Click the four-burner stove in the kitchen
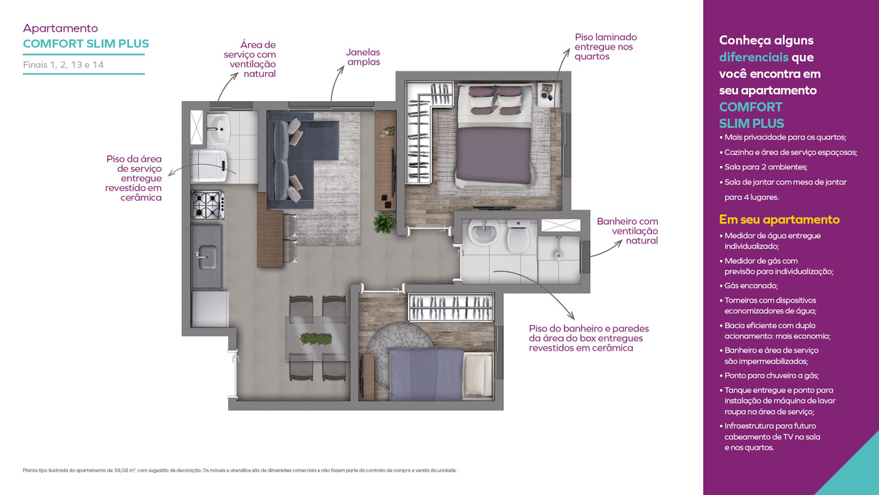(x=208, y=205)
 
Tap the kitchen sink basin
(x=207, y=257)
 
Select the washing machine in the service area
(x=209, y=166)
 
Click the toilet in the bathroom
(x=518, y=236)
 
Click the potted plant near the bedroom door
(x=384, y=223)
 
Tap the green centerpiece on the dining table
(x=315, y=338)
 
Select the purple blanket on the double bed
(x=494, y=155)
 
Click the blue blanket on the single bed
(x=426, y=374)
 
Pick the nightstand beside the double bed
(x=548, y=95)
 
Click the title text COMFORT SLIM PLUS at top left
(x=86, y=43)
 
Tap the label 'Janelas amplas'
(x=363, y=57)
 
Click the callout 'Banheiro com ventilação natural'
(x=627, y=231)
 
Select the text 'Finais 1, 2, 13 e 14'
(x=63, y=65)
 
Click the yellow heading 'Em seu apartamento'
(x=779, y=219)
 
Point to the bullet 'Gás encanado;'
(x=749, y=285)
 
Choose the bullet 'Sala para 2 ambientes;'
(x=763, y=167)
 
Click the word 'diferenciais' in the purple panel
(x=753, y=57)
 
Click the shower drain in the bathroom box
(x=558, y=255)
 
